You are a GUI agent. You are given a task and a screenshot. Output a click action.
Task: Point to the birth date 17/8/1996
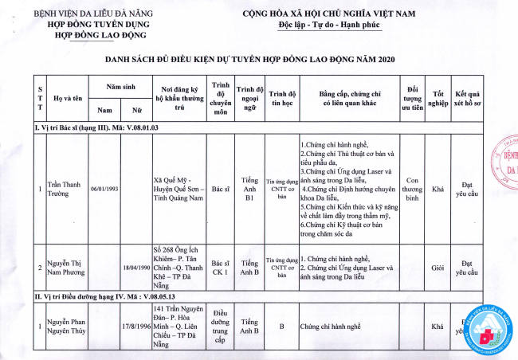pyautogui.click(x=137, y=326)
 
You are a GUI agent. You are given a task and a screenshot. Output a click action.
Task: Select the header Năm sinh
pyautogui.click(x=120, y=85)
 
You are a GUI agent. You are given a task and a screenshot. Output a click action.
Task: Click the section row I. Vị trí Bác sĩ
pyautogui.click(x=96, y=127)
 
